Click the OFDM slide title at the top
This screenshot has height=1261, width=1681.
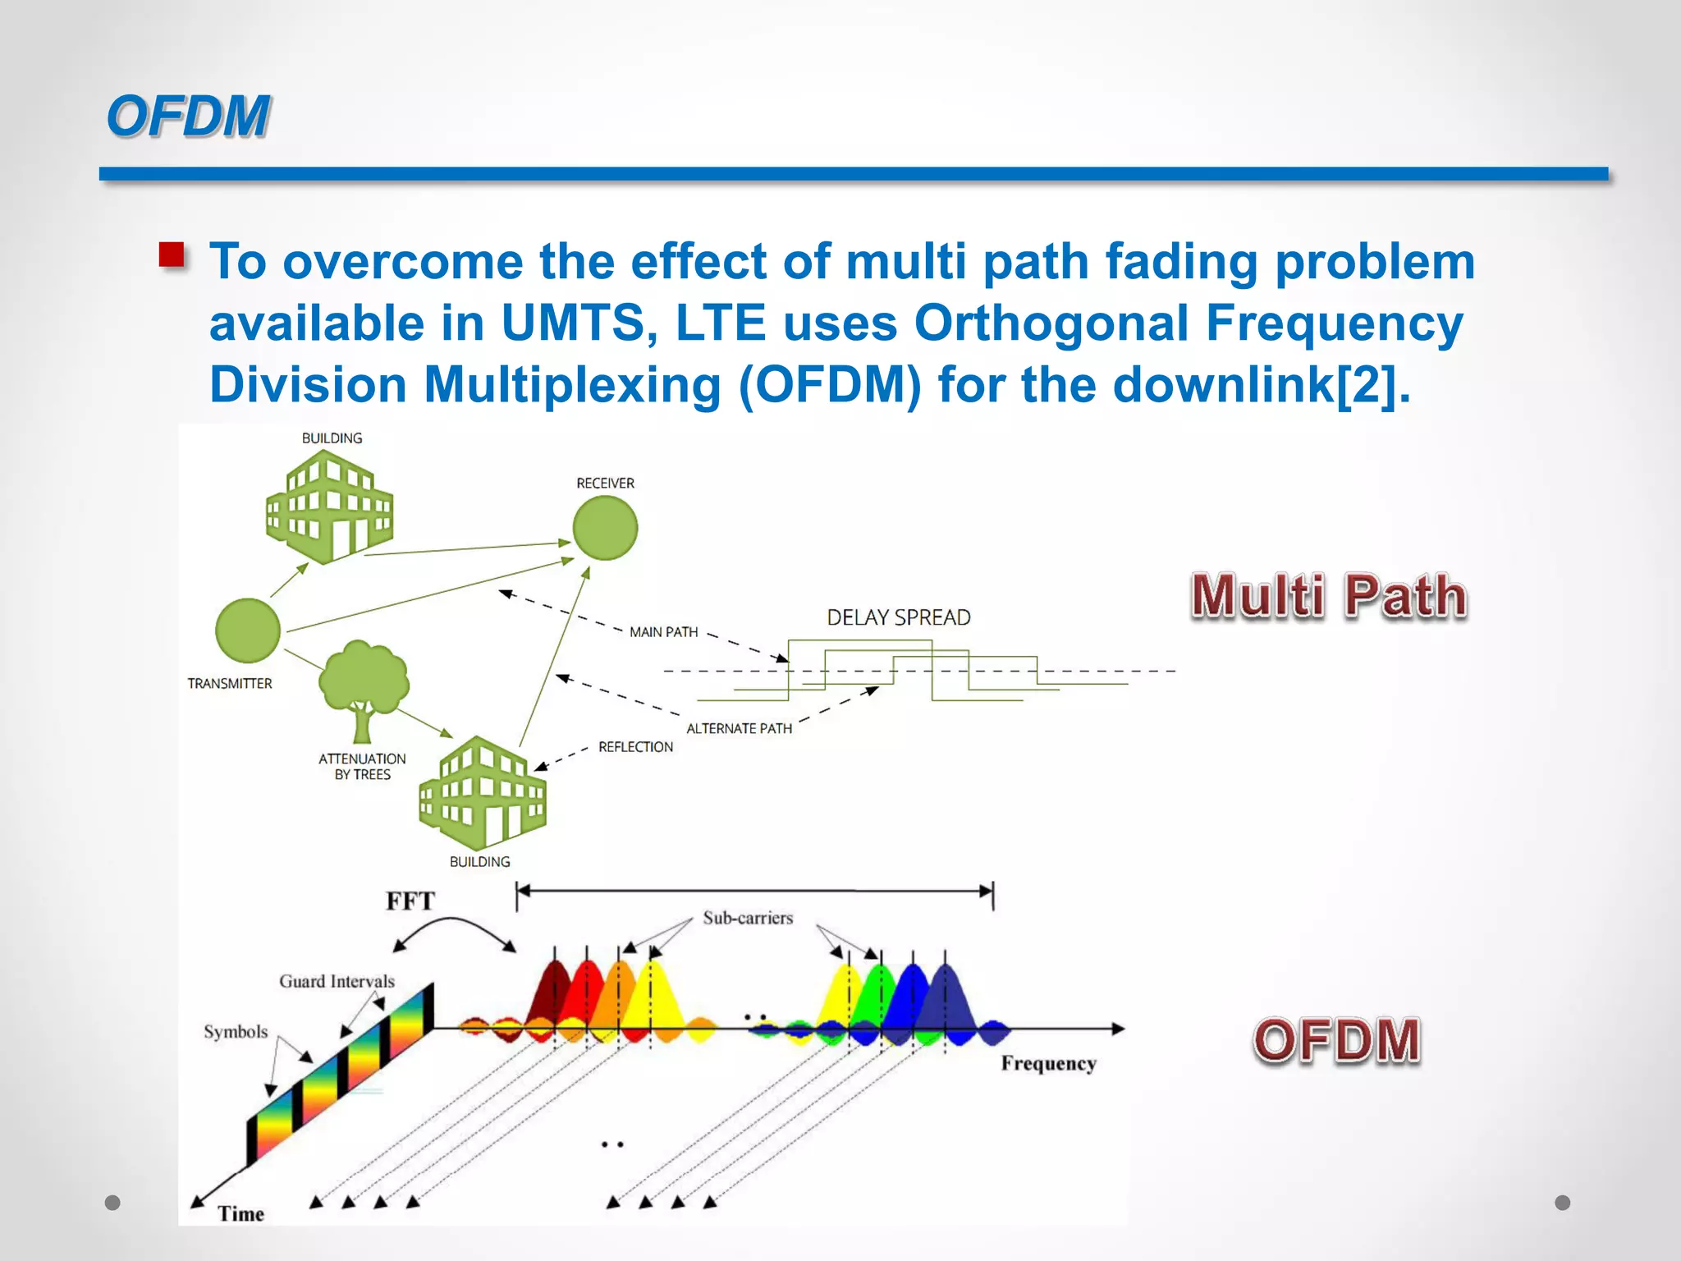tap(188, 116)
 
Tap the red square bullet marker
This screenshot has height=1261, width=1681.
tap(172, 255)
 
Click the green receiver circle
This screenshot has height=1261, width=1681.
tap(605, 528)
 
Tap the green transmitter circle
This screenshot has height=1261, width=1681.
tap(248, 630)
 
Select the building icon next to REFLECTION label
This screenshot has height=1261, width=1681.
tap(482, 793)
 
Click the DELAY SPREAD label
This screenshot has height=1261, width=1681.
tap(898, 617)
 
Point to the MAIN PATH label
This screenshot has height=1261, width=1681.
tap(663, 632)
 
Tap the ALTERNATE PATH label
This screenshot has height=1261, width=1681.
tap(739, 728)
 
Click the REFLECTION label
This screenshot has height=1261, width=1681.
tap(635, 747)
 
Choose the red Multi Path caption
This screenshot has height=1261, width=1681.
tap(1328, 596)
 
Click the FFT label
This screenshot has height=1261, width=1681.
tap(410, 901)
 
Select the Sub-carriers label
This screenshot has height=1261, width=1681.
tap(748, 918)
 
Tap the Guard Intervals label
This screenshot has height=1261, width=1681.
tap(337, 981)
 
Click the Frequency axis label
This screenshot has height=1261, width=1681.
tap(1048, 1063)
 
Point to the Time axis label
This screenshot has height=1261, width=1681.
tap(240, 1213)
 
